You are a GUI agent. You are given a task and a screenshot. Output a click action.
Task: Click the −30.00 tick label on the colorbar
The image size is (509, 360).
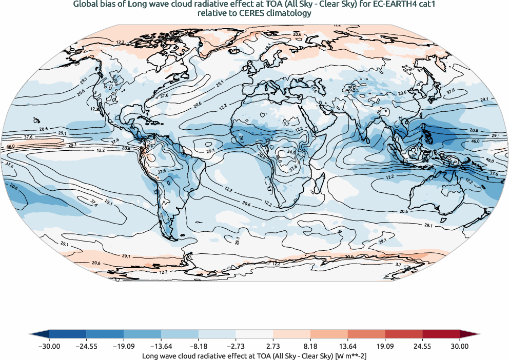tap(49, 347)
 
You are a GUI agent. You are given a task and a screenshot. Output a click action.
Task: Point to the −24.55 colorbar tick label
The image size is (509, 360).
tap(86, 347)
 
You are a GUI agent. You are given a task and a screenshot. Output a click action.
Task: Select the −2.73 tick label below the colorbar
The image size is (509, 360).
tap(199, 347)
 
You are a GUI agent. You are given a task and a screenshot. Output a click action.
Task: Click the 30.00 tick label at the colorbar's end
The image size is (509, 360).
tap(460, 347)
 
